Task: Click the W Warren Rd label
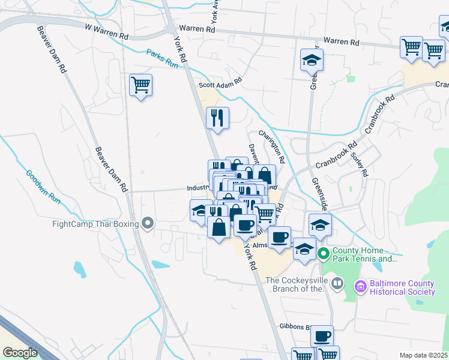(x=106, y=32)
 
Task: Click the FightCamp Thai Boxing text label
(x=95, y=224)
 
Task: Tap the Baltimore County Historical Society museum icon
(x=360, y=287)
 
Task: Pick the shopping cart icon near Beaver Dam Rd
(x=140, y=85)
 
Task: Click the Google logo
(x=20, y=352)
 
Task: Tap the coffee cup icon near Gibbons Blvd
(x=322, y=335)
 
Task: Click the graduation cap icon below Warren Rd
(x=312, y=59)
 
